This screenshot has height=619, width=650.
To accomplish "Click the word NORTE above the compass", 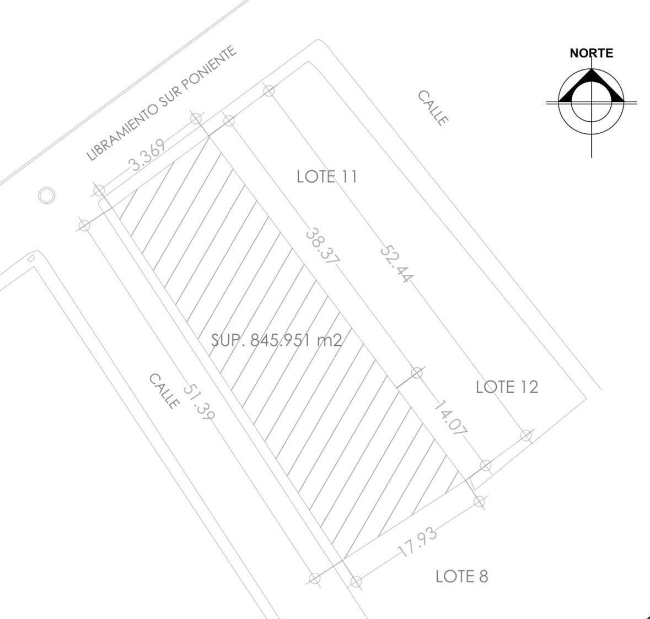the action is point(591,53).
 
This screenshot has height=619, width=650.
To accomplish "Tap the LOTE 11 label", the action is point(327,177).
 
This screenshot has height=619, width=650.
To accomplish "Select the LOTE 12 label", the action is point(507,387).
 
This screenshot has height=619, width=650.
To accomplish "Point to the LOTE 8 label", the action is point(462,577).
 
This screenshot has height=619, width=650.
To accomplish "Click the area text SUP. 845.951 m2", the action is point(277,340).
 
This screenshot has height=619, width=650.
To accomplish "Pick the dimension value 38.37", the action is point(323,247).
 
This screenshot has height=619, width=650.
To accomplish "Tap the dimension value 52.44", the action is point(396,264).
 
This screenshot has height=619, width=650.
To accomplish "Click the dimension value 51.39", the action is point(199,402).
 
